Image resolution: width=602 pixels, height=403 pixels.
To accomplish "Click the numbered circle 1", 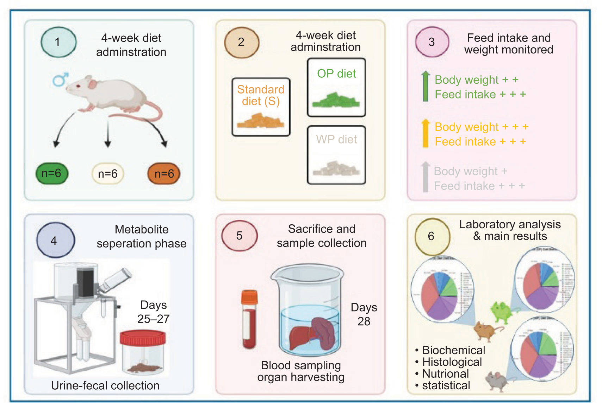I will click(58, 42).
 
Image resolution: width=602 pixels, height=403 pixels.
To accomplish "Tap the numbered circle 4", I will click(55, 240).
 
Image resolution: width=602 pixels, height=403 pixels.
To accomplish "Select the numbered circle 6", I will click(432, 236).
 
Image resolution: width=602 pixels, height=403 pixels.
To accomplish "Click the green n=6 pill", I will click(52, 173).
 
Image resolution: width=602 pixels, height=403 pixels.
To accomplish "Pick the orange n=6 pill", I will click(164, 173).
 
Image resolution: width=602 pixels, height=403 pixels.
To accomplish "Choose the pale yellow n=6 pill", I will click(107, 173).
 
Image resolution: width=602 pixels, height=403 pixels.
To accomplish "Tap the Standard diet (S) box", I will click(261, 107).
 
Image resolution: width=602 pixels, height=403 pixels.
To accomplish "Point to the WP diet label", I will click(336, 139).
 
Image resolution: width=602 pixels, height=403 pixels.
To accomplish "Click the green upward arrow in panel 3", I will click(426, 86).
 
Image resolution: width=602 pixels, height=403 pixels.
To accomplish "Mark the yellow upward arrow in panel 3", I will click(426, 133).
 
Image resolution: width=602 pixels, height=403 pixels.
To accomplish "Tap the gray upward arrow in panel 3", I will click(426, 177).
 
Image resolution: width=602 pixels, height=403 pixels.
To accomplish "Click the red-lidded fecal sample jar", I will click(143, 352).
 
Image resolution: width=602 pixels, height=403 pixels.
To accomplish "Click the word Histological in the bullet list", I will click(452, 362).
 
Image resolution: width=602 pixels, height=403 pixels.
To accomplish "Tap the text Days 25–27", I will click(154, 312).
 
